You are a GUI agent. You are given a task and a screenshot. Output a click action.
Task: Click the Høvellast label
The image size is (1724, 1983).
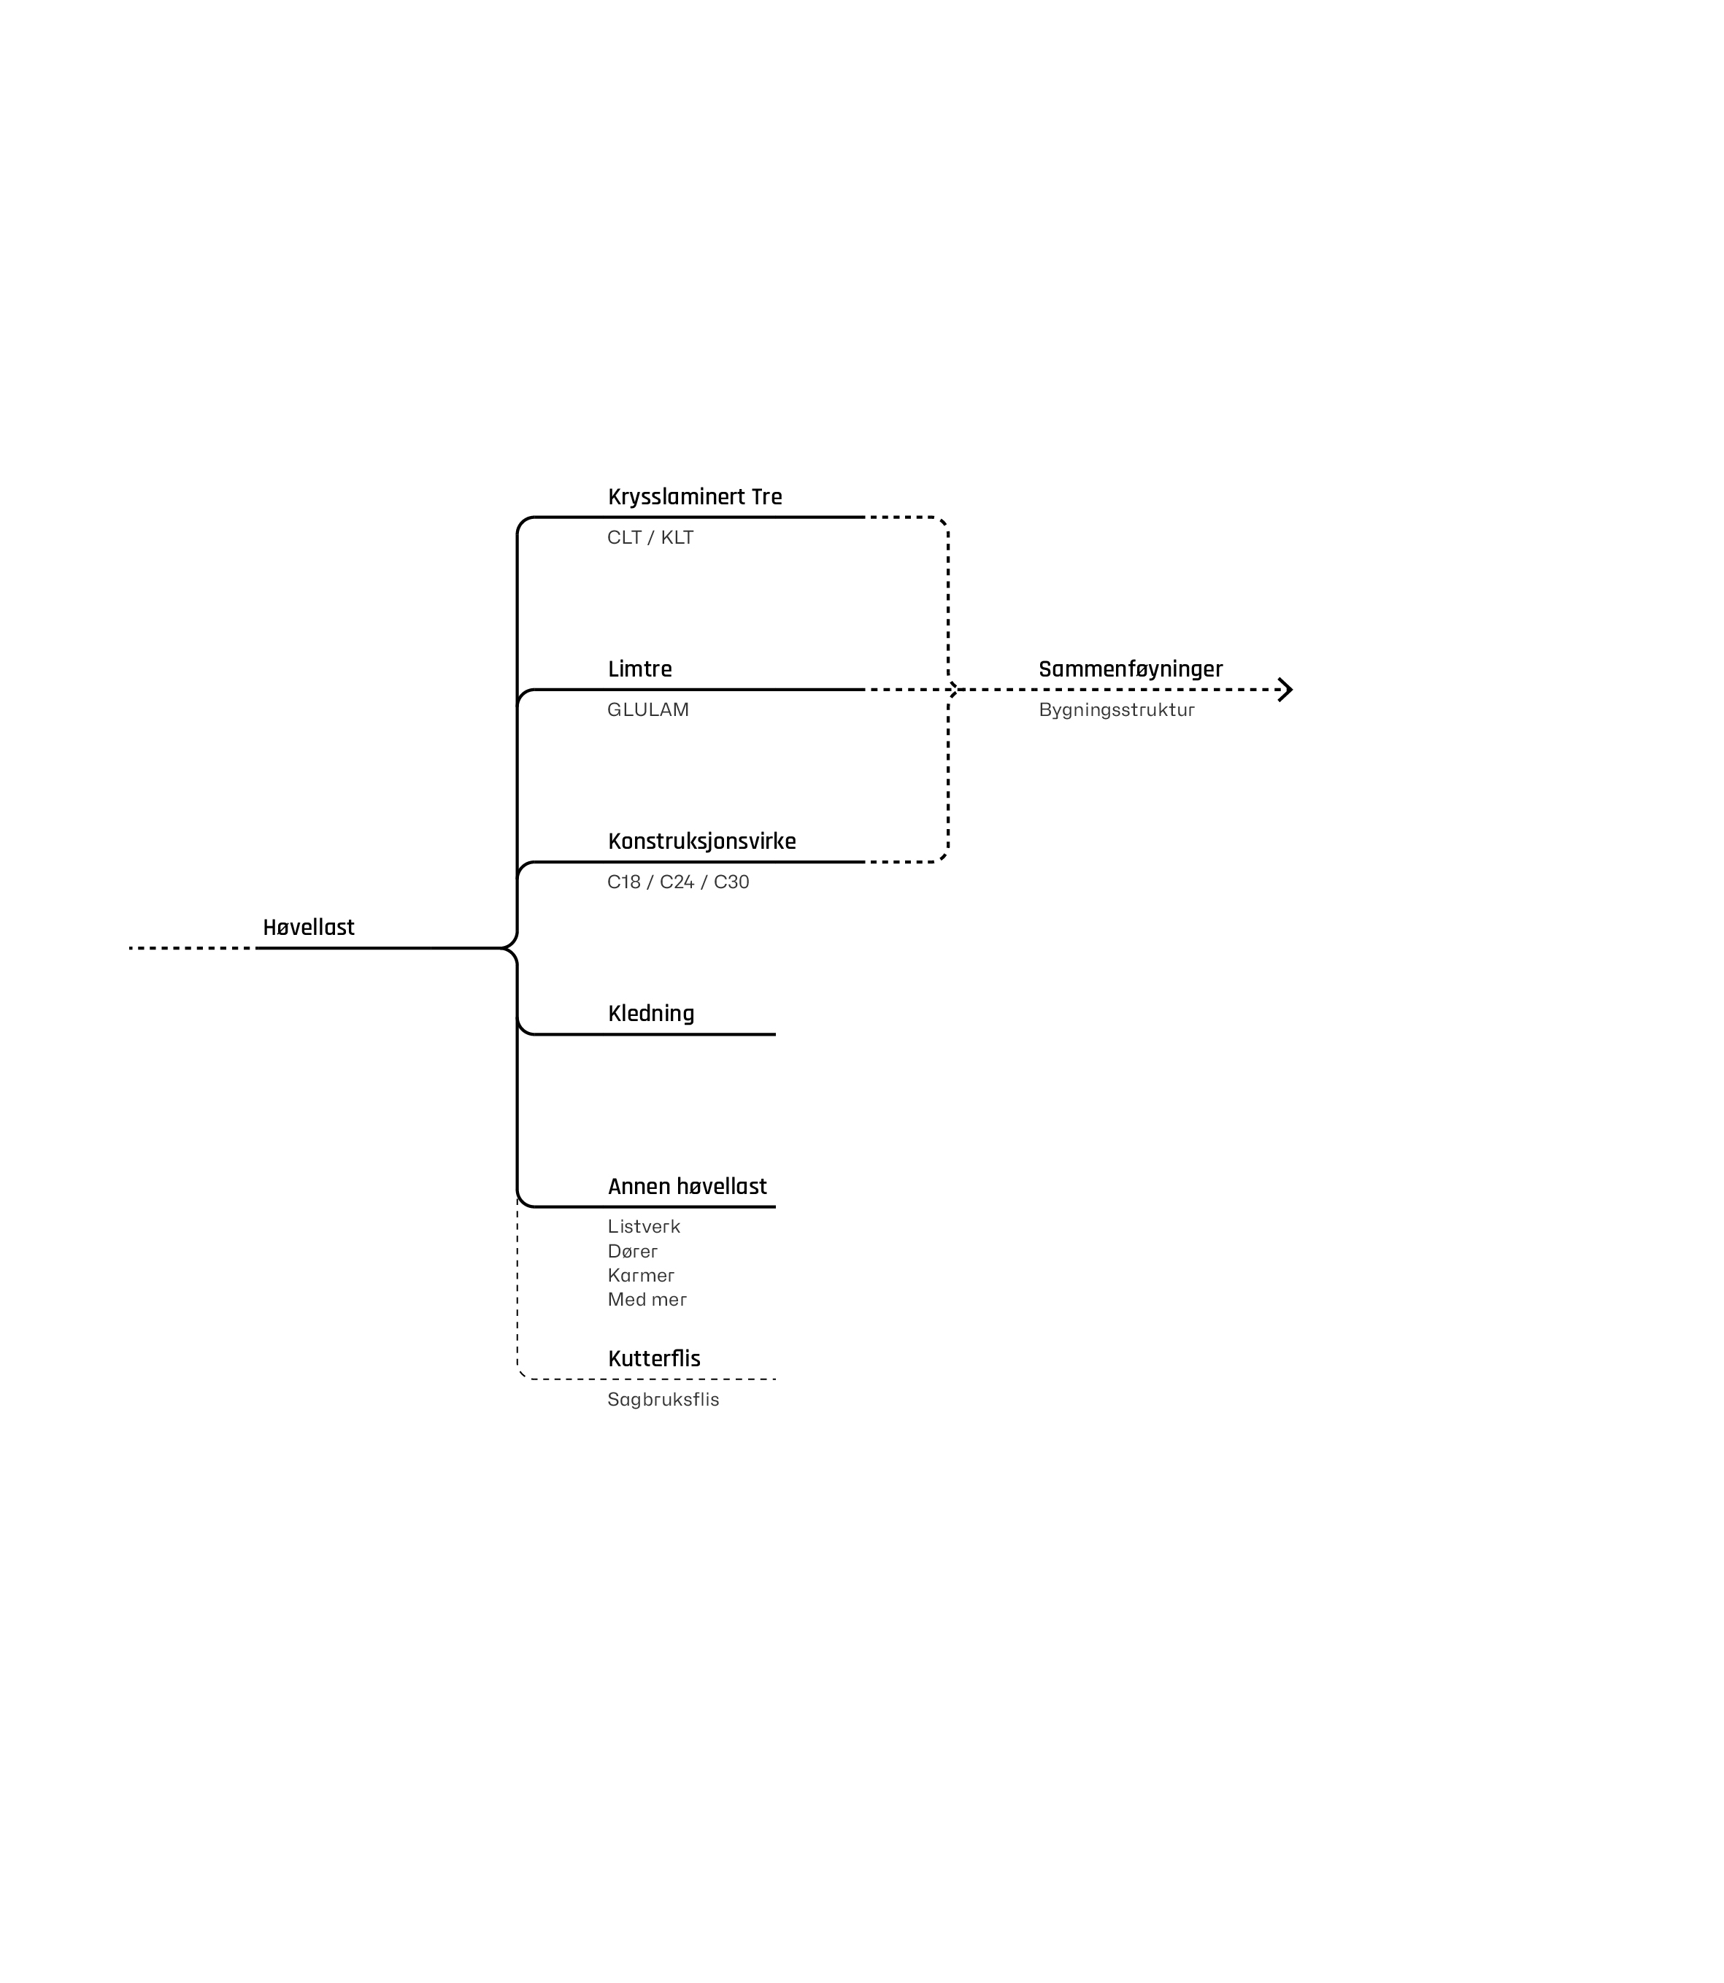coord(308,928)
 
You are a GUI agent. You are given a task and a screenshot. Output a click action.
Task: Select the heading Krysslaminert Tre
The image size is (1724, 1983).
coord(695,498)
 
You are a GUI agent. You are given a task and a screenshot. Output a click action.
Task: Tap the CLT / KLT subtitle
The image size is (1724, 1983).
coord(650,538)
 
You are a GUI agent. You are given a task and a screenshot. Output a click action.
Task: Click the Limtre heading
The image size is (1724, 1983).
coord(640,670)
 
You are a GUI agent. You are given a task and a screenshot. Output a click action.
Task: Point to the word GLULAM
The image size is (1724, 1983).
coord(647,710)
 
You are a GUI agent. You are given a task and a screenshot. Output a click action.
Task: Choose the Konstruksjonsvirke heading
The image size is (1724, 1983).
coord(701,842)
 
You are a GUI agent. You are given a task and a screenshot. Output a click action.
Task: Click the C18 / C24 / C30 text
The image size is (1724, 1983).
coord(677,882)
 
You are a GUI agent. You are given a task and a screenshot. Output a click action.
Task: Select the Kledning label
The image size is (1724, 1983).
coord(650,1014)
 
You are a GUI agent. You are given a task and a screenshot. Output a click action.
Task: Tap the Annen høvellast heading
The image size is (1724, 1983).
coord(687,1187)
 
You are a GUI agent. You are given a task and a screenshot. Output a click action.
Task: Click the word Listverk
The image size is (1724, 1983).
coord(644,1227)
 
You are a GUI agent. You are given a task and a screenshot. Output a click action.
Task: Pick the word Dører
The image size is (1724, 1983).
coord(632,1252)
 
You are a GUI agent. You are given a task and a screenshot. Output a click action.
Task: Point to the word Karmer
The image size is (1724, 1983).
coord(641,1276)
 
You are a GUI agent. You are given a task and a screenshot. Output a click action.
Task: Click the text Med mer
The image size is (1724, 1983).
coord(647,1300)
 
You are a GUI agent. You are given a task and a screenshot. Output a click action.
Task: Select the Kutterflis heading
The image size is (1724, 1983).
coord(653,1360)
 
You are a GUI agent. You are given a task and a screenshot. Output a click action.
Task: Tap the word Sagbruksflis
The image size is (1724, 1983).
coord(663,1400)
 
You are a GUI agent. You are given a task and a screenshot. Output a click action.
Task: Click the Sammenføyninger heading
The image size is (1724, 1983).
coord(1131,670)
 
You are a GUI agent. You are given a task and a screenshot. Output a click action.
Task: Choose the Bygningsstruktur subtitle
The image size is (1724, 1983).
coord(1116,710)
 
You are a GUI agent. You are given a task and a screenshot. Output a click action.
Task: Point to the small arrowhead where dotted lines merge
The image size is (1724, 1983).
coord(953,690)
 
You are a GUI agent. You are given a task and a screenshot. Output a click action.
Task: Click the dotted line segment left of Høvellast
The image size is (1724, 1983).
coord(191,949)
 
